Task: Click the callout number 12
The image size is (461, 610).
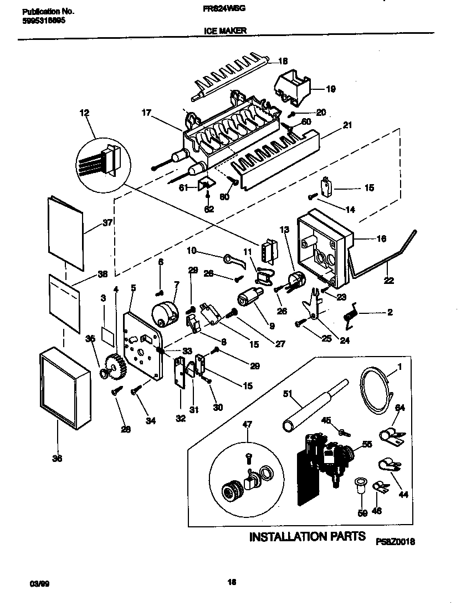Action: pos(84,114)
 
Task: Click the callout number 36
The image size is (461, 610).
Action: pos(58,458)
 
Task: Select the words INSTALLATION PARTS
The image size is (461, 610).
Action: pos(307,536)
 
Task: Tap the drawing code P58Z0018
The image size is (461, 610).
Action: pos(395,541)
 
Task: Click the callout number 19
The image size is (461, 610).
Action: pos(330,88)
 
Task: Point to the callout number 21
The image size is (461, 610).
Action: pos(347,125)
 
